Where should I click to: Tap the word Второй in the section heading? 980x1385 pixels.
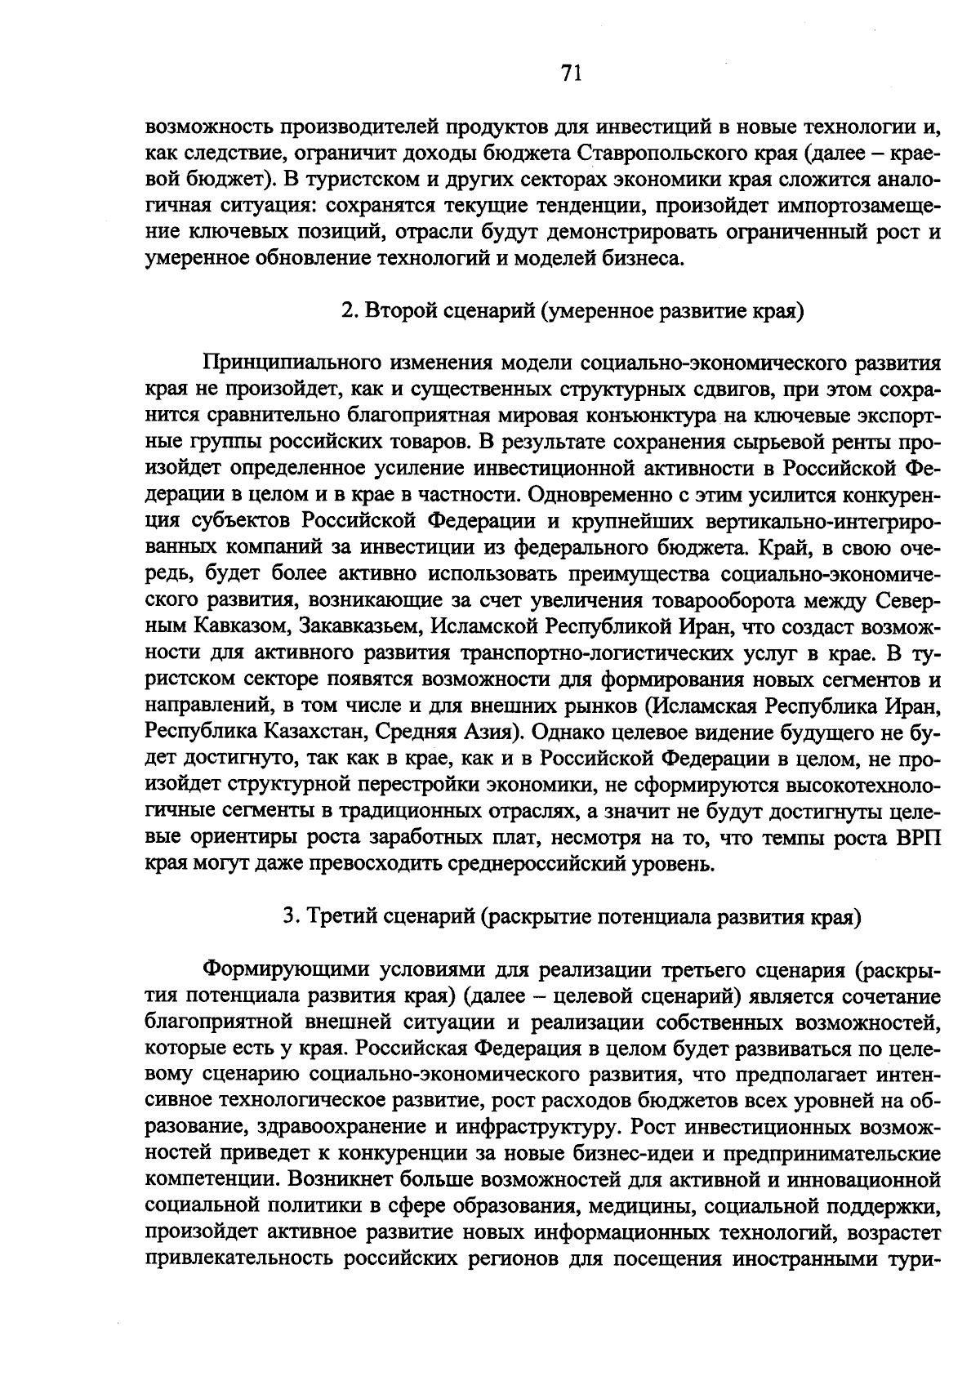(394, 312)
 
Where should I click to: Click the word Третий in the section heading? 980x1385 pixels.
(336, 916)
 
